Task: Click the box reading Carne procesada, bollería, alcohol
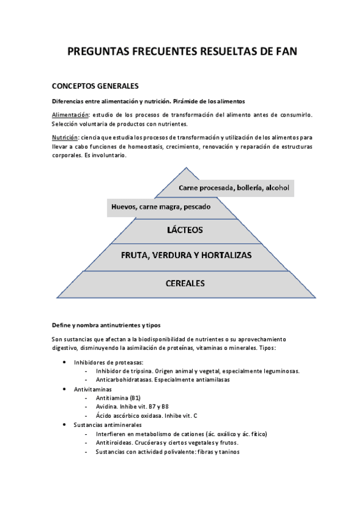tap(233, 188)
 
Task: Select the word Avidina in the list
tap(107, 406)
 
